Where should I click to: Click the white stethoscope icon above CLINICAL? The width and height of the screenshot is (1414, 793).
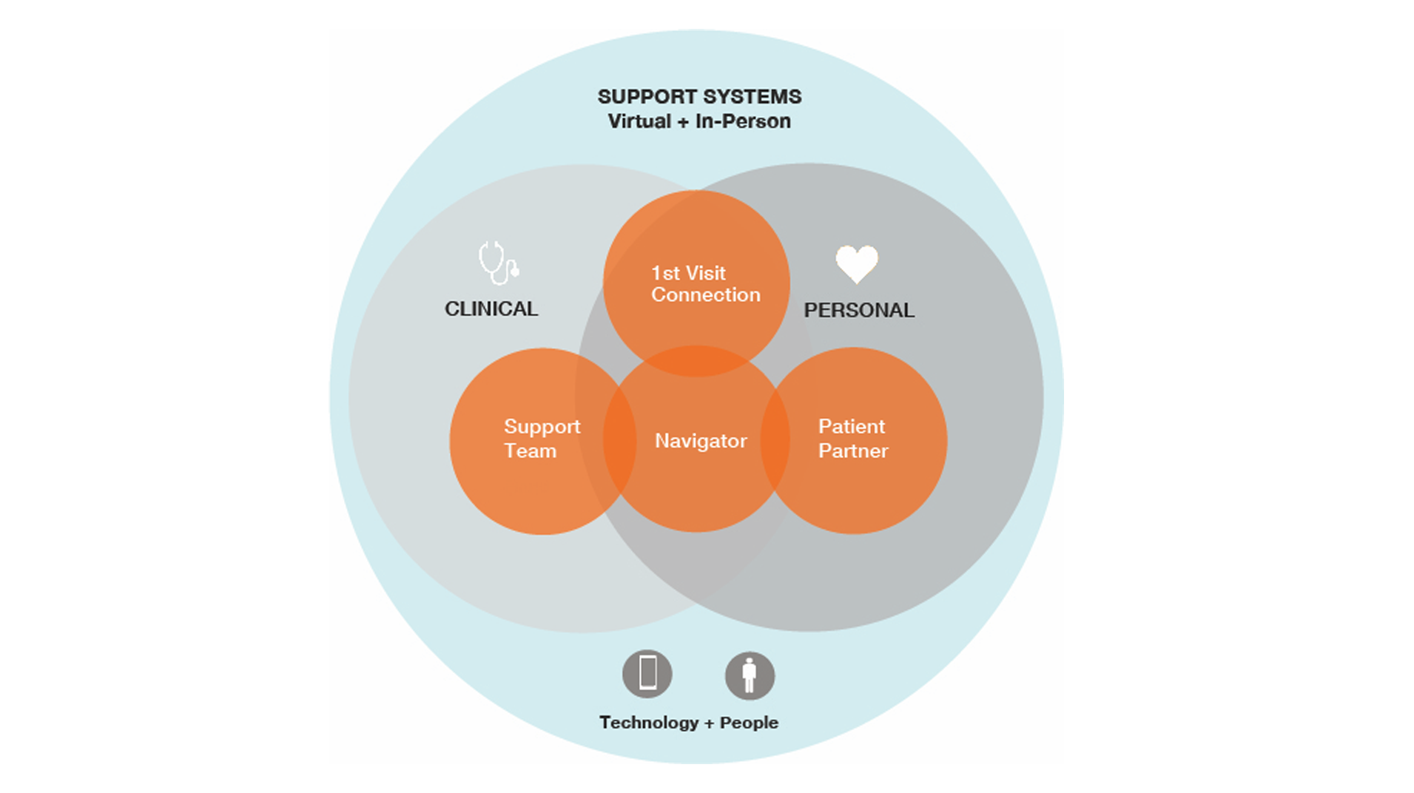[498, 263]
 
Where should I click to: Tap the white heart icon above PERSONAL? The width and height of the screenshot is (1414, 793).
[857, 263]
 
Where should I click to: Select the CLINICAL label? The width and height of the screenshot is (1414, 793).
[491, 309]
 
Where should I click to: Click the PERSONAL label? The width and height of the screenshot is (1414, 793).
[859, 310]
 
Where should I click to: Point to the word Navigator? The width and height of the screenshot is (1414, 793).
[701, 441]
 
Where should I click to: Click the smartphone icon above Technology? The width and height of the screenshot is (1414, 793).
[647, 674]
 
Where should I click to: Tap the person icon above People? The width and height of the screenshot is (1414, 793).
[750, 675]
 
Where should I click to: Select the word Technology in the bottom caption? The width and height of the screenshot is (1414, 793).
[649, 723]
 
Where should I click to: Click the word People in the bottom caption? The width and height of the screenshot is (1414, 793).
[749, 723]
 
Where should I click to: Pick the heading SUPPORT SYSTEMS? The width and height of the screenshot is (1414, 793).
[699, 97]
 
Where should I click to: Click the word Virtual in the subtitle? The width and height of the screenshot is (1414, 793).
[639, 121]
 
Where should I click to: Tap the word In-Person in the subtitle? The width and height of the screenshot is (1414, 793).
[743, 121]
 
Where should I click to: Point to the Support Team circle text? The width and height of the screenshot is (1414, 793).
[541, 439]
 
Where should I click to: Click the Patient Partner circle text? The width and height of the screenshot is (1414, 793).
[852, 439]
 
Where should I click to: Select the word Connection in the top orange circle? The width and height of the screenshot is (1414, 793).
[705, 295]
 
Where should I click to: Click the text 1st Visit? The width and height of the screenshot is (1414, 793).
[688, 273]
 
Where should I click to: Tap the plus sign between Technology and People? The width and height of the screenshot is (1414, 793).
[709, 723]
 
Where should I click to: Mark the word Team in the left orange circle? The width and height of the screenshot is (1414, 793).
[530, 451]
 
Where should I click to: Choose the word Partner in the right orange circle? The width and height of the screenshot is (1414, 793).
[852, 451]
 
